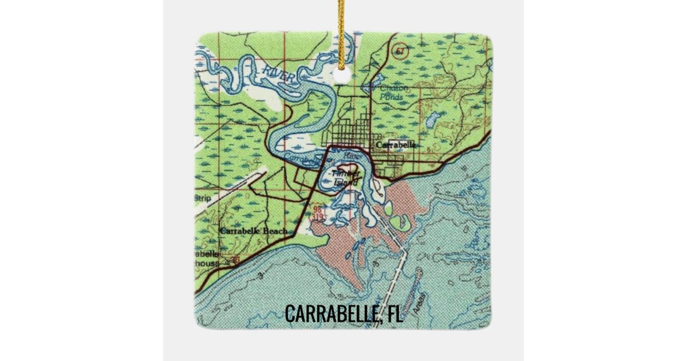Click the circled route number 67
[399, 51]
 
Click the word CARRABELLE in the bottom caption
[329, 314]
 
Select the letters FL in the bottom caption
[394, 314]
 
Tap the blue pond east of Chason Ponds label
[432, 119]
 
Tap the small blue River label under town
[353, 155]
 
